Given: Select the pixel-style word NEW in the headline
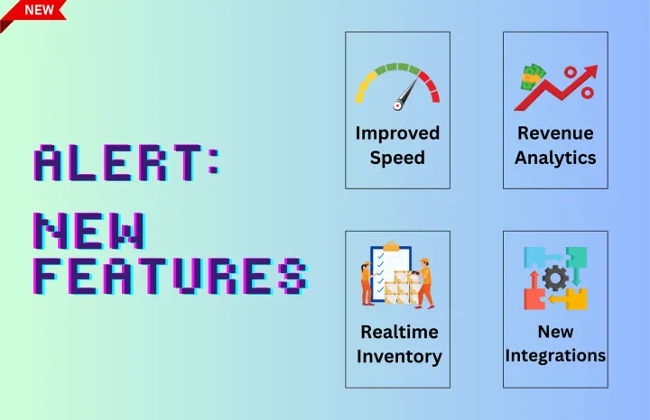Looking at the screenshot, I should [89, 233].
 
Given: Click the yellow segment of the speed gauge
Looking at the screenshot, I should [364, 87].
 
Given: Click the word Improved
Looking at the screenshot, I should [397, 133].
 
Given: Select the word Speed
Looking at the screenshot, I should [397, 157].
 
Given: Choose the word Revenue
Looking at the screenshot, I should [555, 133].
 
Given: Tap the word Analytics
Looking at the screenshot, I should [555, 157].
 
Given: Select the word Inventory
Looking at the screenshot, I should [399, 356].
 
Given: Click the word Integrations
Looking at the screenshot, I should [555, 355].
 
